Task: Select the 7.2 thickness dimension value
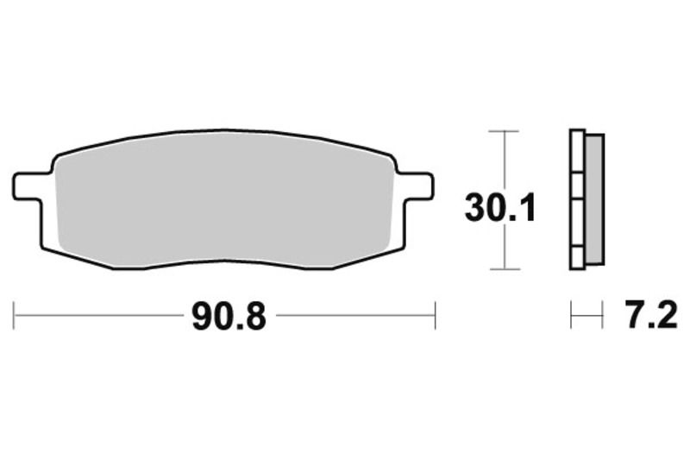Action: (x=644, y=316)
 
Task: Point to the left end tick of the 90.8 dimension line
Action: (x=15, y=316)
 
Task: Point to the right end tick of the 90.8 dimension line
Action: (x=435, y=316)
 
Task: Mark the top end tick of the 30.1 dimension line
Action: (x=503, y=131)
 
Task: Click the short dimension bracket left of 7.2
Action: (x=586, y=316)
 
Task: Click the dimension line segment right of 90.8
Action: (x=354, y=316)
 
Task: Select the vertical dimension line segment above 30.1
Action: (x=503, y=160)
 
